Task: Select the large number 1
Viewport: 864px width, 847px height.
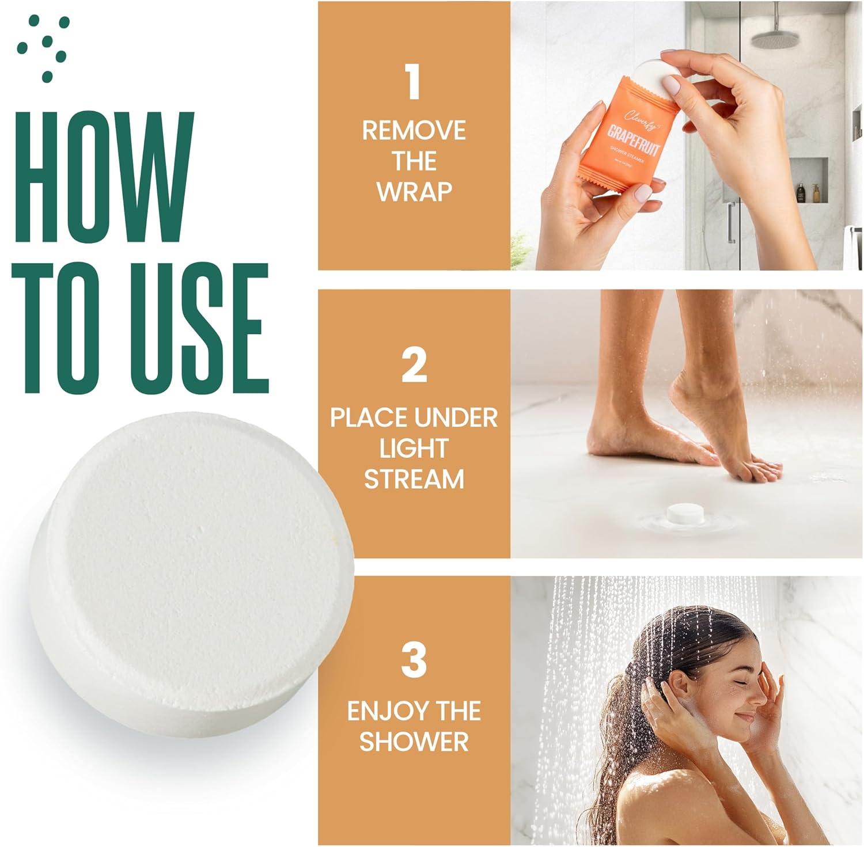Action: pyautogui.click(x=413, y=82)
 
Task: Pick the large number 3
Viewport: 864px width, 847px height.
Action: pyautogui.click(x=414, y=660)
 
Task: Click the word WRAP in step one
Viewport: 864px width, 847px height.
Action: pyautogui.click(x=414, y=192)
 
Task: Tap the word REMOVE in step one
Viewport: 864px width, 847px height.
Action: pyautogui.click(x=414, y=131)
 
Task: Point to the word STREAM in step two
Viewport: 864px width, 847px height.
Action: pyautogui.click(x=414, y=479)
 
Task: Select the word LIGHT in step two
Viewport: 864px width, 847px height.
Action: pyautogui.click(x=414, y=449)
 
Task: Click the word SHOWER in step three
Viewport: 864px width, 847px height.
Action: pyautogui.click(x=414, y=741)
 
